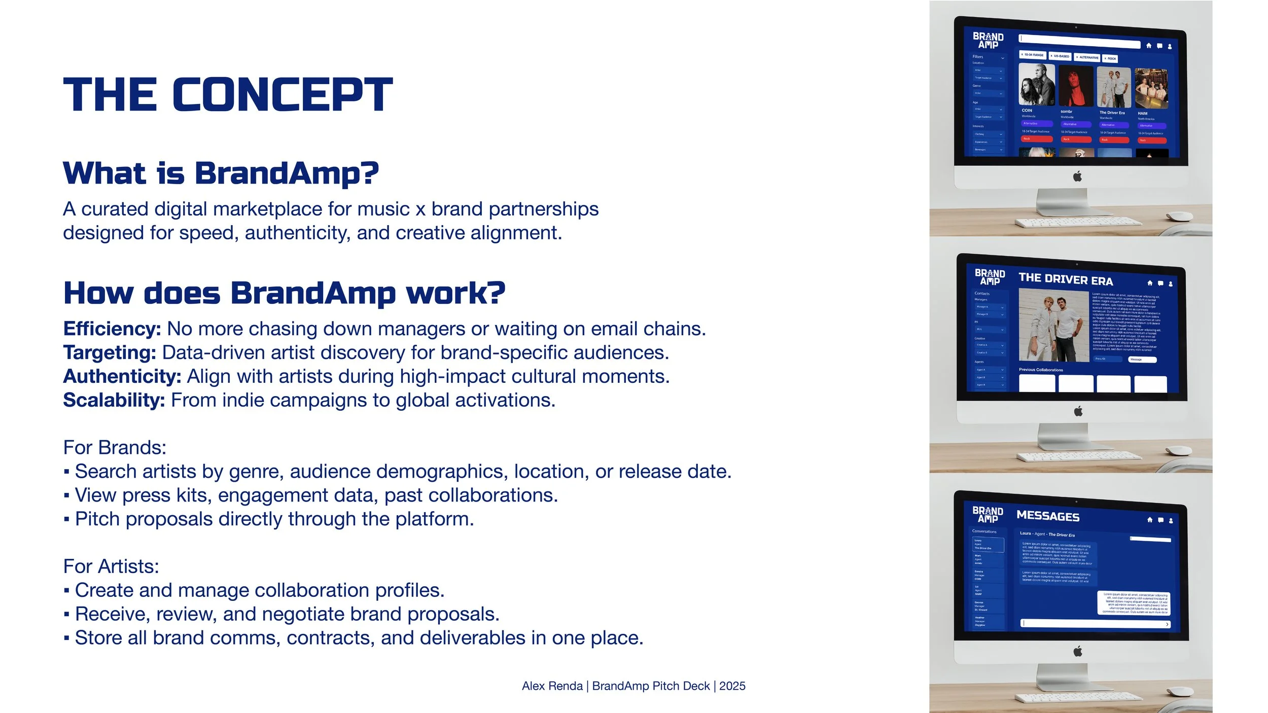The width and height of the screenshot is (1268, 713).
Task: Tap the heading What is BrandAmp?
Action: pyautogui.click(x=221, y=173)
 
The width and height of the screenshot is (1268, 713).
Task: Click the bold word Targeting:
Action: pyautogui.click(x=110, y=352)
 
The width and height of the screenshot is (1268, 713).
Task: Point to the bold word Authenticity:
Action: pyautogui.click(x=122, y=376)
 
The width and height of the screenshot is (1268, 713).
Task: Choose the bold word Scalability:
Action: pyautogui.click(x=114, y=400)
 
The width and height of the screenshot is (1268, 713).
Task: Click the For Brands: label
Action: pyautogui.click(x=115, y=448)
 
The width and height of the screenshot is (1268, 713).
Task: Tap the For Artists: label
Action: pyautogui.click(x=111, y=566)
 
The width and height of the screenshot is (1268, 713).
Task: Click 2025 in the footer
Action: pyautogui.click(x=732, y=686)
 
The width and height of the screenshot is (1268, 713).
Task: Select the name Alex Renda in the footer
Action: pyautogui.click(x=552, y=686)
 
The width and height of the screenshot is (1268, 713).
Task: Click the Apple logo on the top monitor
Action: pyautogui.click(x=1077, y=176)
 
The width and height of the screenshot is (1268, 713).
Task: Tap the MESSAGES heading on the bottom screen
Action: pyautogui.click(x=1048, y=516)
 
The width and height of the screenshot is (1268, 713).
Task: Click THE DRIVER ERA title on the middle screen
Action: pyautogui.click(x=1066, y=279)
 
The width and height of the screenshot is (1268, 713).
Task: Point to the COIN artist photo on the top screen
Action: pyautogui.click(x=1036, y=84)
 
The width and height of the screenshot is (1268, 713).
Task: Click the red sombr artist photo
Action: pyautogui.click(x=1076, y=86)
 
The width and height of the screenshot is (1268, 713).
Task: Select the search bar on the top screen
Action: pyautogui.click(x=1079, y=41)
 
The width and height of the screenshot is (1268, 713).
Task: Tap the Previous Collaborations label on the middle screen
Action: pyautogui.click(x=1041, y=370)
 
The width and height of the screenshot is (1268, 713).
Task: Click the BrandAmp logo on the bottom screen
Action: pyautogui.click(x=988, y=514)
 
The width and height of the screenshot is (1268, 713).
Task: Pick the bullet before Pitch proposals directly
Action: pyautogui.click(x=66, y=520)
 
